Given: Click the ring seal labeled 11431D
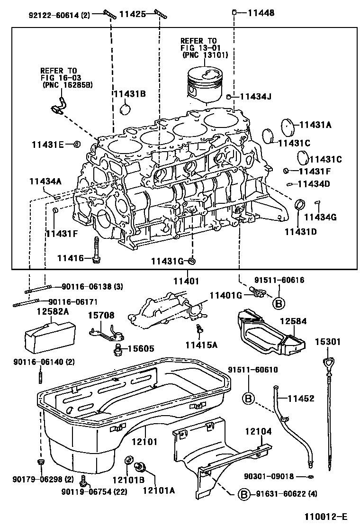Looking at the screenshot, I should click(x=299, y=205).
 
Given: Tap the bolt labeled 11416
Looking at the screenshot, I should click(x=97, y=249).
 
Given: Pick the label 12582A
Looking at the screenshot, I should click(x=53, y=311).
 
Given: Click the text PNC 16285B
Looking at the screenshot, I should click(x=67, y=85).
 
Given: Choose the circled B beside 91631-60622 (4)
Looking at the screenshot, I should click(x=243, y=494).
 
